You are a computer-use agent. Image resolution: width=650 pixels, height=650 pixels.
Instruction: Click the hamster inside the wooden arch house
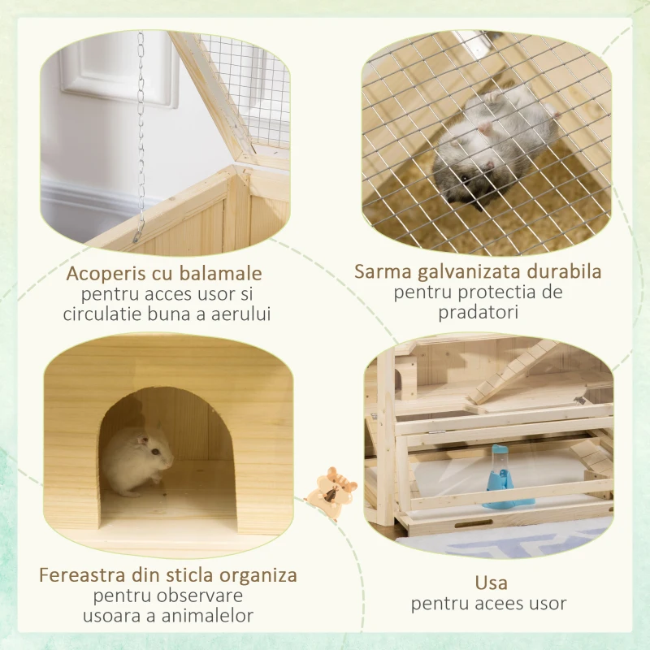tap(138, 460)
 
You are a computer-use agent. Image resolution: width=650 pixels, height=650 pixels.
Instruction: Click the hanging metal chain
tap(141, 130)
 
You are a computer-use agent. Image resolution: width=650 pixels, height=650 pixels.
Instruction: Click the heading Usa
tap(490, 583)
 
